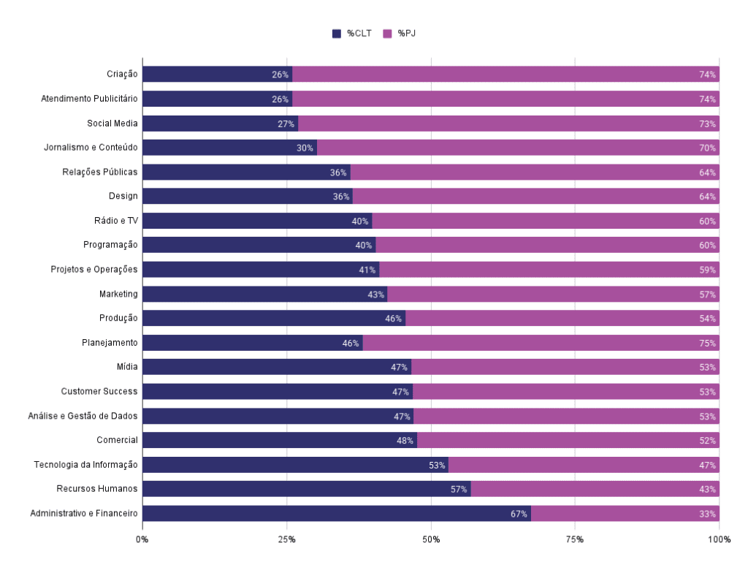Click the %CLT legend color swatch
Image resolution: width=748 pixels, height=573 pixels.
(337, 34)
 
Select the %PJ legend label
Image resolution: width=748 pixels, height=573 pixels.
(407, 34)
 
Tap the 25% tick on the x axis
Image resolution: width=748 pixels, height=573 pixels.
(286, 539)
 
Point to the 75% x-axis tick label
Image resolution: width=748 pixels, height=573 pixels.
(575, 539)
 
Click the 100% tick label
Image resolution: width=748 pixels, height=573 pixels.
(719, 539)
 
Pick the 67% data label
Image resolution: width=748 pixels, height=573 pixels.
(519, 514)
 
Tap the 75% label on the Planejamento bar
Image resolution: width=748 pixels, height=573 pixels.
(707, 343)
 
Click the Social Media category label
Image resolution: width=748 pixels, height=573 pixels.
(112, 124)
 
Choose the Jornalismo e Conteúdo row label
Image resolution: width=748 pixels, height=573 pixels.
(91, 148)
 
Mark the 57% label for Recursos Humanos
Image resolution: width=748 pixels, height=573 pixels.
(459, 489)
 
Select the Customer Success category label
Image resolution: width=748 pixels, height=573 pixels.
(99, 392)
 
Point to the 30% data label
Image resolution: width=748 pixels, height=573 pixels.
(305, 148)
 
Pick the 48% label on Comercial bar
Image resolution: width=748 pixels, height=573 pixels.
(405, 441)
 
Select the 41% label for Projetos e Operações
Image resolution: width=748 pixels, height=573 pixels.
(367, 270)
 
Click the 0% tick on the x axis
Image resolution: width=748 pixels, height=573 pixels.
(142, 539)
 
